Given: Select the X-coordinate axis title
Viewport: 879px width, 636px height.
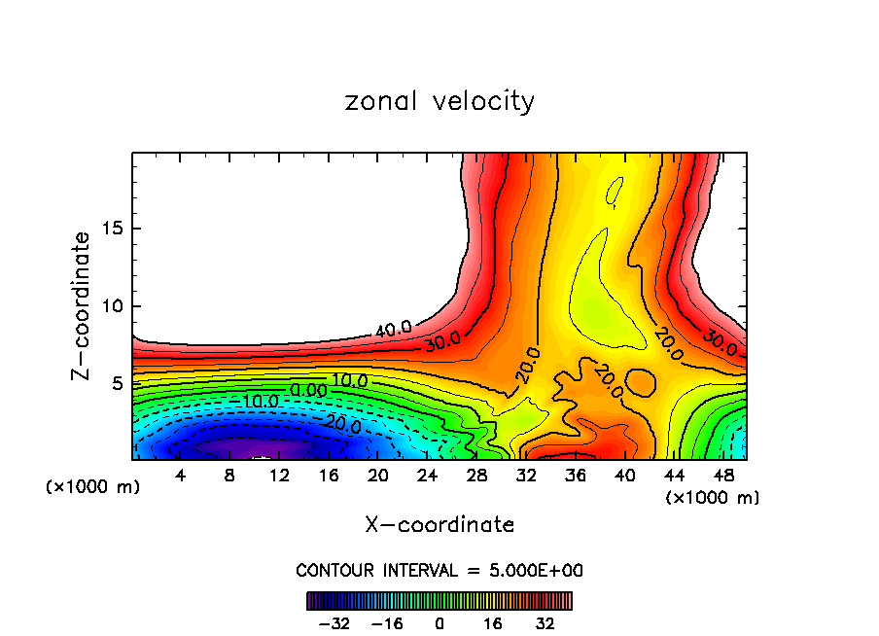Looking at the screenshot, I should pos(439,525).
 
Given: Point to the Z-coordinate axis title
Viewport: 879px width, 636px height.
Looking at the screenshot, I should pos(82,305).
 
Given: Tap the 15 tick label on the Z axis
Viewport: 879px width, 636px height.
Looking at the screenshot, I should pos(113,230).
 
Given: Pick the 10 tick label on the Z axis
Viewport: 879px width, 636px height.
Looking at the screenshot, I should pos(113,306).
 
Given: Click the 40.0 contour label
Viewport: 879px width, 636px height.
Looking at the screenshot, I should pos(393,329).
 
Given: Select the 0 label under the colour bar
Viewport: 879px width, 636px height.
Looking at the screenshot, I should pos(439,623).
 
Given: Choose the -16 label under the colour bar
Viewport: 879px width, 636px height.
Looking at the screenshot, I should pos(386,623).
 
